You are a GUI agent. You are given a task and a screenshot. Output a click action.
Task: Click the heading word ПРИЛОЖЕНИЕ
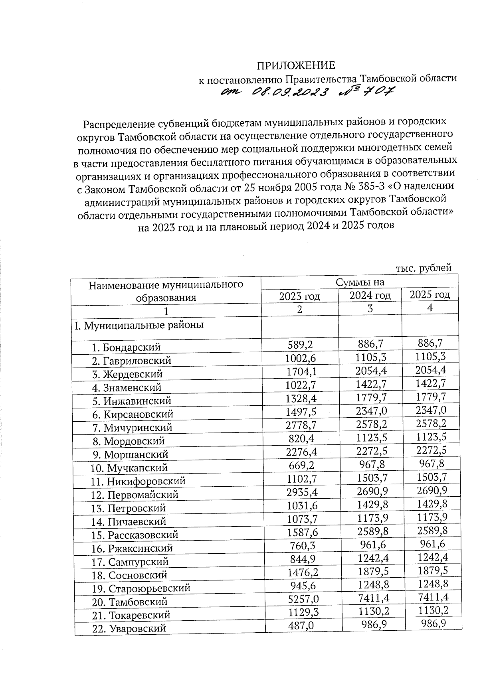tap(295, 65)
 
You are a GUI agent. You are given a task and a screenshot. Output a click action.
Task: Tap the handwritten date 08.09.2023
tap(291, 93)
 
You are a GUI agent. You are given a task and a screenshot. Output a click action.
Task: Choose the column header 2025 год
tap(430, 294)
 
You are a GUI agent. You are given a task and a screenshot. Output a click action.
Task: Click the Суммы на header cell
tap(360, 282)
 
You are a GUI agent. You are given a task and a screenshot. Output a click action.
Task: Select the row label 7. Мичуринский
tap(133, 428)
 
